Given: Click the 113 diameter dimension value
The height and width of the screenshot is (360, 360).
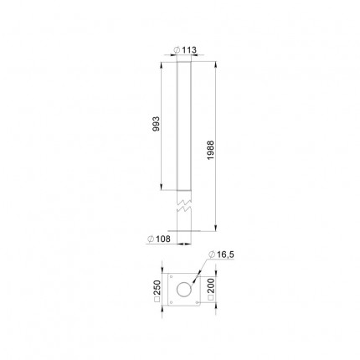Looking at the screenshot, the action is [189, 50].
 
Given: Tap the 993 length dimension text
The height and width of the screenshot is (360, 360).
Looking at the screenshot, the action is [157, 124].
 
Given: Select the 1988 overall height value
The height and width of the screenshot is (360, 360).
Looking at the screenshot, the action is [210, 150].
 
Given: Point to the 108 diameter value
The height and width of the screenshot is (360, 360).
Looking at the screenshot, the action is [163, 239].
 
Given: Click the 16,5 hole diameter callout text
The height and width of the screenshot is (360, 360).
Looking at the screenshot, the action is [225, 255].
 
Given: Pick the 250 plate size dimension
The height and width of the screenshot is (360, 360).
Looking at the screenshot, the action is [157, 287].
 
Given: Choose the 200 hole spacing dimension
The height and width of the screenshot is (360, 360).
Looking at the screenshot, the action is [211, 285].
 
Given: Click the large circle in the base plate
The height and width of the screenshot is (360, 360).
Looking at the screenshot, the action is [184, 290].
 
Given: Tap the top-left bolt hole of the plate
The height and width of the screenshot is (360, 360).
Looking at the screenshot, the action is [171, 277].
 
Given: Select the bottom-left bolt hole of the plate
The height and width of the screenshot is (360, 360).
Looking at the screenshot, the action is [171, 302].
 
